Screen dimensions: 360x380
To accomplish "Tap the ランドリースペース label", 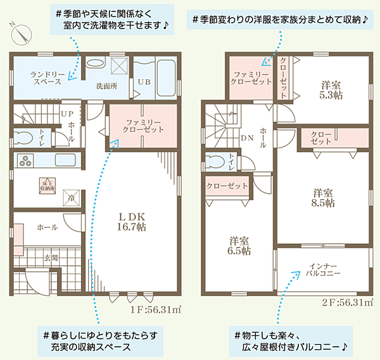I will click(45, 78).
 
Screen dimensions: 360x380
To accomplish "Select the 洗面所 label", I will click(107, 84).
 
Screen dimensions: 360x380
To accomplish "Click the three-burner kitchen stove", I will click(27, 161).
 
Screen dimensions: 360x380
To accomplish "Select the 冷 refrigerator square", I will click(71, 198).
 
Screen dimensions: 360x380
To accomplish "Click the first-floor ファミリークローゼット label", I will click(143, 125).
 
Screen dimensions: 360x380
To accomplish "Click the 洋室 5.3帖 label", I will click(329, 90).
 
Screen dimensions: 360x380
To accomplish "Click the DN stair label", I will click(247, 138).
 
